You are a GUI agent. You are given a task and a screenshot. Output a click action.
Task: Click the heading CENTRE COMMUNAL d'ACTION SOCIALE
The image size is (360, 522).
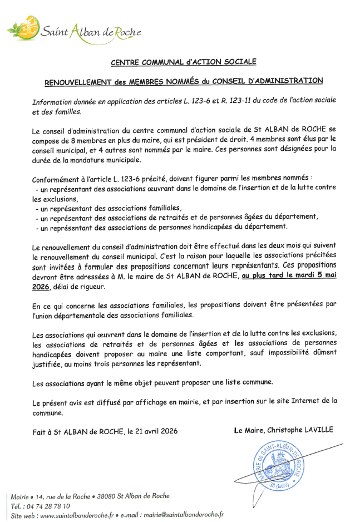[x=184, y=62]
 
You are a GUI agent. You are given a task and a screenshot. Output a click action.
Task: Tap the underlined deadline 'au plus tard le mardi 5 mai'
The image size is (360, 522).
[x=289, y=275]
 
